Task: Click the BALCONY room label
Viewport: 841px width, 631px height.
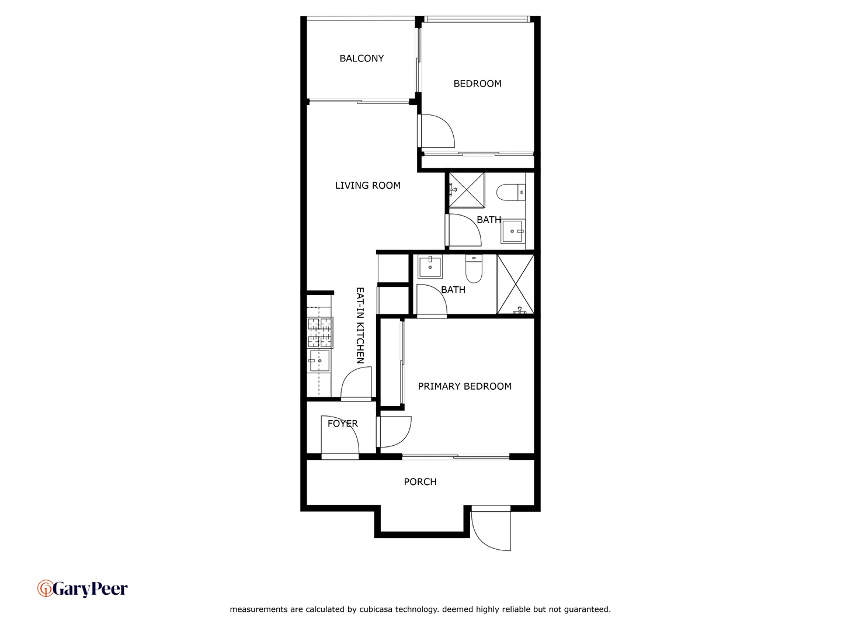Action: (362, 58)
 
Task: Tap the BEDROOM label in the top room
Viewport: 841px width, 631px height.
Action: (477, 84)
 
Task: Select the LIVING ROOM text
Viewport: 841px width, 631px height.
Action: (367, 185)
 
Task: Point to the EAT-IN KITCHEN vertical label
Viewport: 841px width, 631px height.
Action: (360, 325)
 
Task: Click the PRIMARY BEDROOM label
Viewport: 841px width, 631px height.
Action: (464, 386)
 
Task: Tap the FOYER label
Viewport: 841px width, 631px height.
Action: (342, 424)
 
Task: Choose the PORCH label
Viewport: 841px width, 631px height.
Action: (420, 482)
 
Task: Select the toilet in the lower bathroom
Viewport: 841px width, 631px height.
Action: (474, 269)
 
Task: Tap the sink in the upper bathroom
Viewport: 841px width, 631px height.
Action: (512, 231)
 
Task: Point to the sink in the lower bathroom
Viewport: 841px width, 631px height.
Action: (430, 267)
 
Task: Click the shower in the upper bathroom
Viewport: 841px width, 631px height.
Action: (467, 189)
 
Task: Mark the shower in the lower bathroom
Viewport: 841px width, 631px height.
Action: (515, 285)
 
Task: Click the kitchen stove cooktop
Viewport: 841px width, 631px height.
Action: (320, 333)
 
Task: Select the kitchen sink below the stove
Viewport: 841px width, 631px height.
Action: (319, 361)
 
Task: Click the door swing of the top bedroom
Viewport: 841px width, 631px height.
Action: (437, 131)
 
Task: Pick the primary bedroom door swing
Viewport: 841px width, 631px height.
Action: (395, 431)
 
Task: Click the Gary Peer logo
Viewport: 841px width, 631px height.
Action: (82, 589)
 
